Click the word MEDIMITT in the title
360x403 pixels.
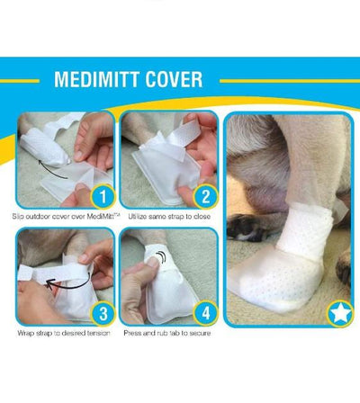[96, 79]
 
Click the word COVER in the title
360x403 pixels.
[174, 79]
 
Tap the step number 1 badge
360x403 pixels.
[103, 196]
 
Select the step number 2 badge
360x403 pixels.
[206, 196]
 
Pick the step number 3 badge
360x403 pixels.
[103, 313]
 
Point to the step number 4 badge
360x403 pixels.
[206, 313]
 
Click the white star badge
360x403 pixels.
[340, 314]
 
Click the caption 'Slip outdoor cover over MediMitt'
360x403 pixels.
[66, 216]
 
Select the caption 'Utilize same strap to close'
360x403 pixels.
[169, 216]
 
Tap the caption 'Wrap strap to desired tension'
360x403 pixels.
[64, 333]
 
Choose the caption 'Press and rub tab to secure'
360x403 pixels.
[167, 333]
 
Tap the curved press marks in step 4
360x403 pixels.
[162, 257]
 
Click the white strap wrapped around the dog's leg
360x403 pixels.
[303, 229]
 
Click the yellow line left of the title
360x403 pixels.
[20, 81]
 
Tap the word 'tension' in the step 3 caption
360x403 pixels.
[98, 333]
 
